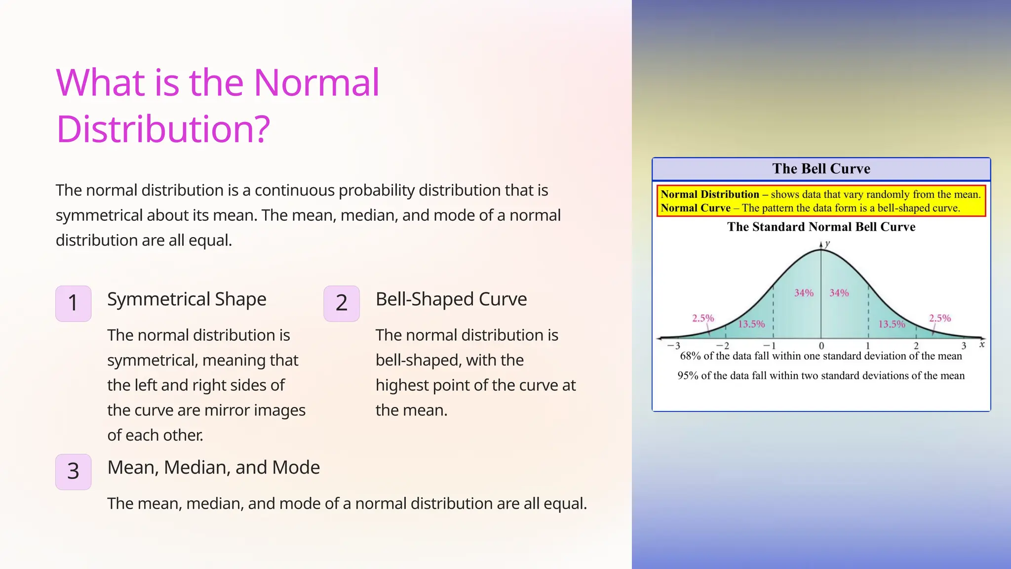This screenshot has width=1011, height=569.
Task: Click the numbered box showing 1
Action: coord(73,303)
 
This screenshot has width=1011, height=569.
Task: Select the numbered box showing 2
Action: coord(342,303)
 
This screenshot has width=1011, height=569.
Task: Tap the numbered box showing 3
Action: coord(73,472)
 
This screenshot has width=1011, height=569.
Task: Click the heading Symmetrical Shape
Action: coord(187,299)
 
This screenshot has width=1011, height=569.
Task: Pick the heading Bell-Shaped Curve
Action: coord(451,299)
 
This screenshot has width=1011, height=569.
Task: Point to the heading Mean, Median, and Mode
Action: coord(213,467)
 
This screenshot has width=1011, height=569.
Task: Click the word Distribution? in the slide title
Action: coord(163,129)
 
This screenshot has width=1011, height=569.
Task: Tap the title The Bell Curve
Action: coord(821,169)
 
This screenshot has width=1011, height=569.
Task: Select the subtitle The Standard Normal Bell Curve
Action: coord(821,227)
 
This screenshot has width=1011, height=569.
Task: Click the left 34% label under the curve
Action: coord(804,293)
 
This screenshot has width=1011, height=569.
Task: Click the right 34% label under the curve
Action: coord(839,293)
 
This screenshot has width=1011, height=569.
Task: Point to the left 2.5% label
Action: coord(703,318)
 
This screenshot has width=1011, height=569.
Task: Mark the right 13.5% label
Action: coord(892,324)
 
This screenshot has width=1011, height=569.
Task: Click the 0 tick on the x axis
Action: coord(821,346)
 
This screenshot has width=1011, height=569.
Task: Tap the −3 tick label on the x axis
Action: coord(674,346)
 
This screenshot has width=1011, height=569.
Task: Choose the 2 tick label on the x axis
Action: coord(916,346)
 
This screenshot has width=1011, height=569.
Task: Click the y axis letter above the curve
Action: coord(828,244)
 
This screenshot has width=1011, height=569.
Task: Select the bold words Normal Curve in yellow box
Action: coord(695,208)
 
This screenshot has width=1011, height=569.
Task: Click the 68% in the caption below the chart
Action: coord(690,356)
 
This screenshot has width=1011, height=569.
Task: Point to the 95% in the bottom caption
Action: coord(688,376)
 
